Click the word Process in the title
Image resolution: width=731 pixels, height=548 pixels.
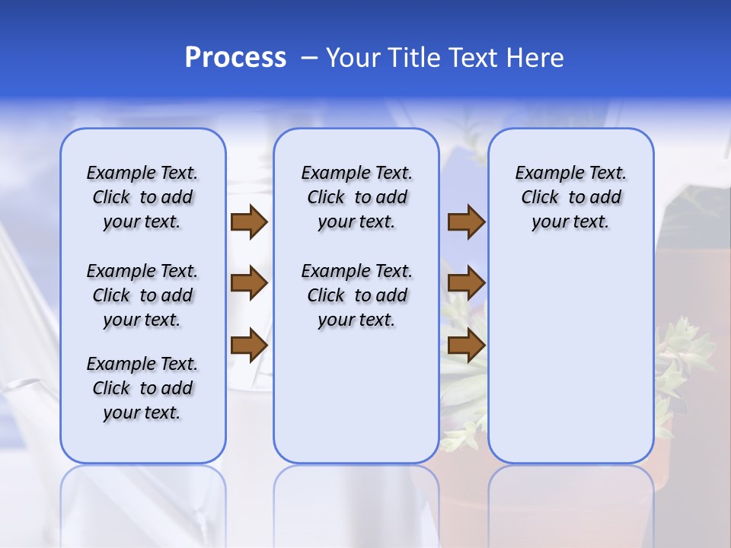pyautogui.click(x=235, y=58)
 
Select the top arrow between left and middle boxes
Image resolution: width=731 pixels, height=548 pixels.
pyautogui.click(x=249, y=221)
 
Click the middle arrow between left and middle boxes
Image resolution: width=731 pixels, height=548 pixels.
pyautogui.click(x=249, y=284)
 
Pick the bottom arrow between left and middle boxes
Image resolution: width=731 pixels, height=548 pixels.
pyautogui.click(x=249, y=346)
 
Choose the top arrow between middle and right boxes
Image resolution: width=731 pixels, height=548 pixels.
pyautogui.click(x=466, y=221)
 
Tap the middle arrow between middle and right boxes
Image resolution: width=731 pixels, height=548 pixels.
pyautogui.click(x=466, y=284)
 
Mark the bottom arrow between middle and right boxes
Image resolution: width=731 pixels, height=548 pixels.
pyautogui.click(x=466, y=346)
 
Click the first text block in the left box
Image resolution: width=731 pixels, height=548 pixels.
pyautogui.click(x=142, y=197)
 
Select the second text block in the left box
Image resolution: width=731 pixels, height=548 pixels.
pyautogui.click(x=142, y=295)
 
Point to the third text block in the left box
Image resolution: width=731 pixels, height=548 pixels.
pyautogui.click(x=142, y=388)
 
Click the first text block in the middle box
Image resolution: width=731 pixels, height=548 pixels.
pyautogui.click(x=356, y=197)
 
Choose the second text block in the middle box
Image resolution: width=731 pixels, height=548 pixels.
pyautogui.click(x=356, y=295)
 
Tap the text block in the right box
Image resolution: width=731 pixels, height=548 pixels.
pyautogui.click(x=571, y=197)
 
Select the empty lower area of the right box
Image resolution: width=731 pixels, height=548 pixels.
pyautogui.click(x=571, y=358)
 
